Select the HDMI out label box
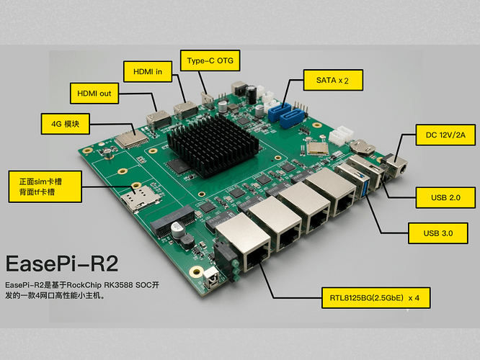click(x=94, y=94)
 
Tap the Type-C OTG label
click(x=210, y=60)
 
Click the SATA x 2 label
click(x=328, y=79)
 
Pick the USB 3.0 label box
click(x=437, y=233)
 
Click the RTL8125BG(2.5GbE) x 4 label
click(x=377, y=297)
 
